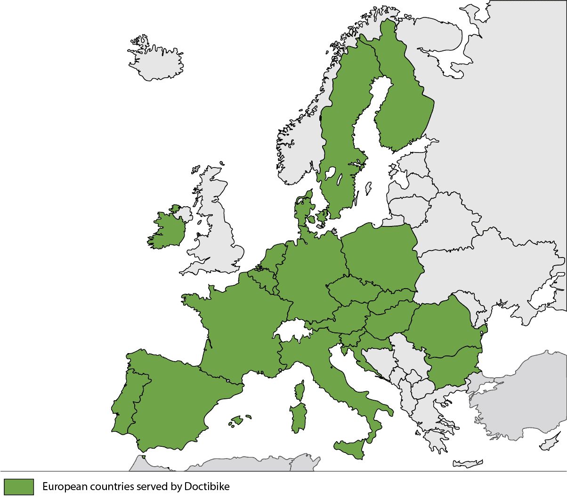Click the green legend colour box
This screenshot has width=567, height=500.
(x=19, y=486)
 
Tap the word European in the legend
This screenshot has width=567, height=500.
(x=65, y=486)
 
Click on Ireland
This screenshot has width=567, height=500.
(x=167, y=230)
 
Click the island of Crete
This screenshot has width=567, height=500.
(x=468, y=463)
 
